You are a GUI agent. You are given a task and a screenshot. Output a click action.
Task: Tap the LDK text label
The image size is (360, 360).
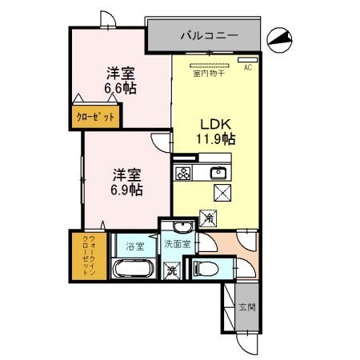[215, 125]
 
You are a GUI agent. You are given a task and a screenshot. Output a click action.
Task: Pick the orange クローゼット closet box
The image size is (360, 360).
[95, 117]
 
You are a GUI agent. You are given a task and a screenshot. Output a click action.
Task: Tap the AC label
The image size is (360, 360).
[248, 68]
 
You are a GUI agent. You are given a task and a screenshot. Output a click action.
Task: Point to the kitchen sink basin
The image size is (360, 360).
[218, 173]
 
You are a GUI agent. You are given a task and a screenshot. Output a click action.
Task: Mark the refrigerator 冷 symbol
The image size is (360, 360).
[208, 216]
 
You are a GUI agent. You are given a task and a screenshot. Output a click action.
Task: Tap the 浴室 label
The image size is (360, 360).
[133, 246]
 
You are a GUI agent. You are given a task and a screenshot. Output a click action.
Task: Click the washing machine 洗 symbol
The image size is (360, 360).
[171, 270]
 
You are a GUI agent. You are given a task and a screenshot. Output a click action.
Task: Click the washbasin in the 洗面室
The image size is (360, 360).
[182, 226]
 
